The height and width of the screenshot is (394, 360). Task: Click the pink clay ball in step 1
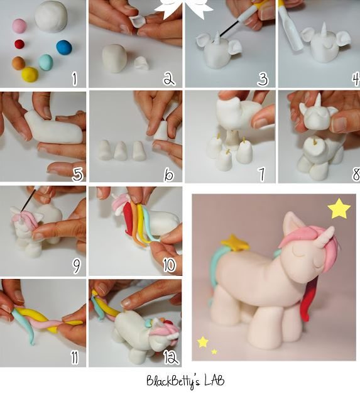coord(19,26)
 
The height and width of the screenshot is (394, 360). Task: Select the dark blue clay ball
coord(63,47)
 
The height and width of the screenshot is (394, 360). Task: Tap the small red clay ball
coord(19,44)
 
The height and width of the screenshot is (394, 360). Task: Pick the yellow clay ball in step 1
coord(30,74)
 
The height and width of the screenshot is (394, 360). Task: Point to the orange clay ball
coord(18,63)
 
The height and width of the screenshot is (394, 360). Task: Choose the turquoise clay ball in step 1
coord(45,62)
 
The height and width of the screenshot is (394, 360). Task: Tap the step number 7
coord(263,172)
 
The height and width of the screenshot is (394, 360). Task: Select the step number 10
coord(168,265)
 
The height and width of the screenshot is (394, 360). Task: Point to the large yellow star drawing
coord(339,209)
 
